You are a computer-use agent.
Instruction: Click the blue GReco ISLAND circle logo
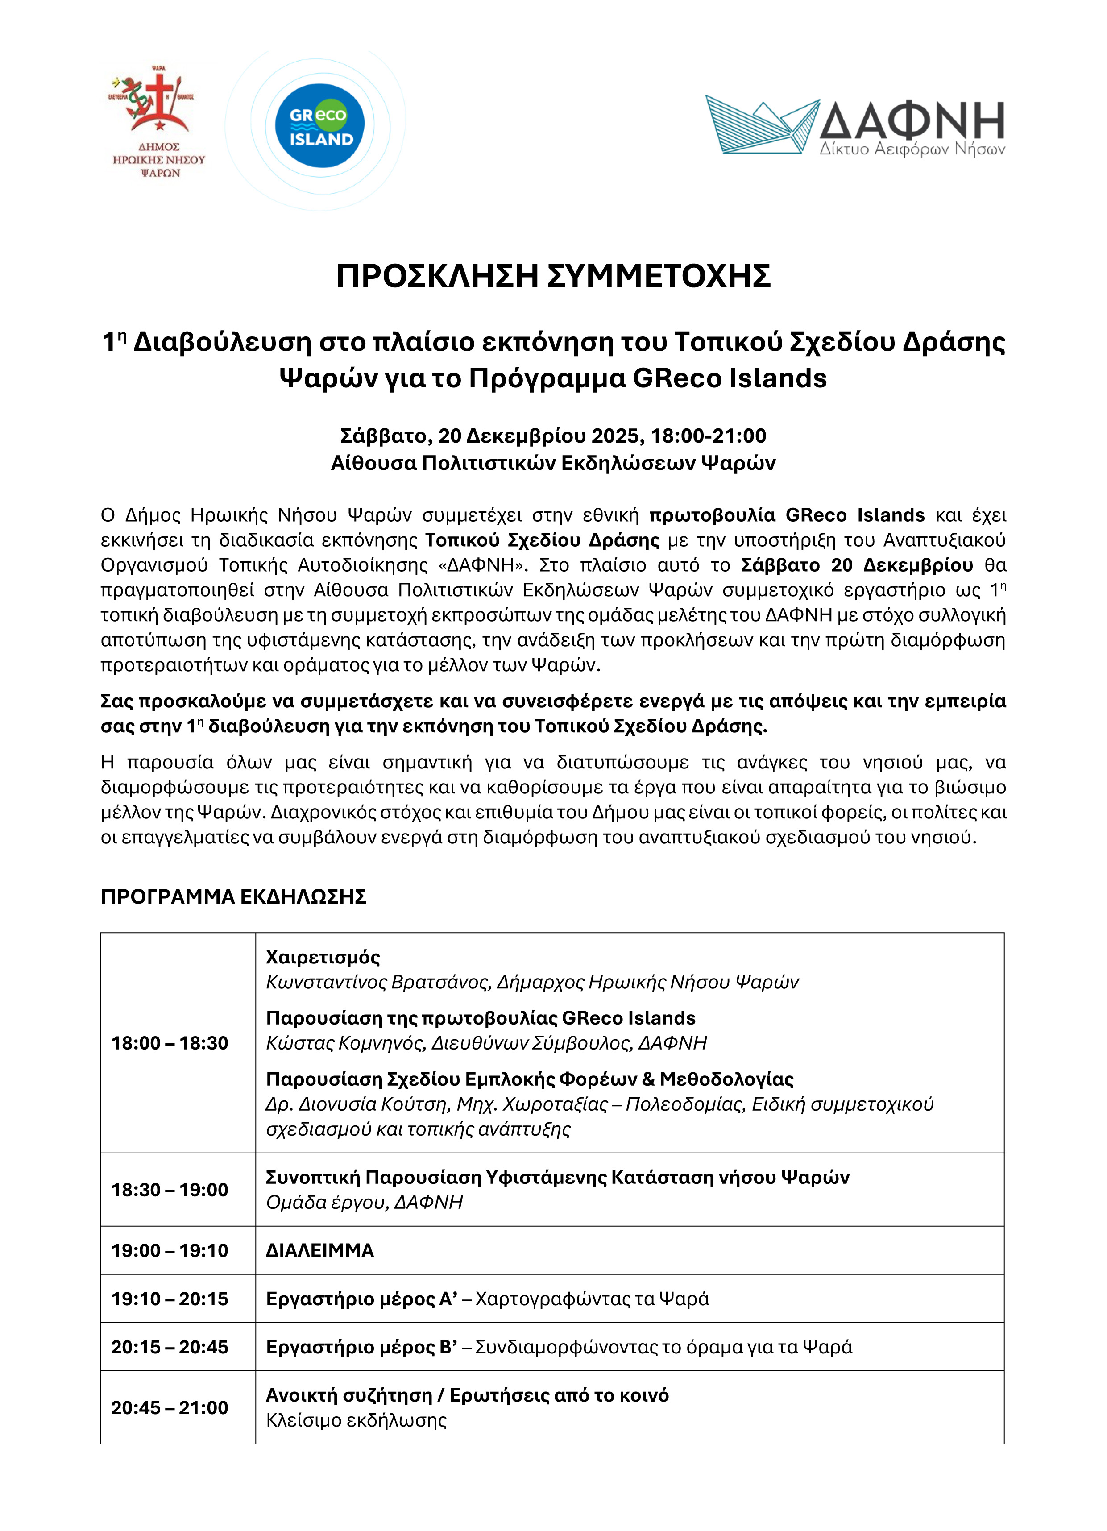(x=319, y=125)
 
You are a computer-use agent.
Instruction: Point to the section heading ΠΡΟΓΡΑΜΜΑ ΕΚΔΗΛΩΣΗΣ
(x=233, y=896)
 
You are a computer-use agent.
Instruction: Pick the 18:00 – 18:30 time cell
(x=170, y=1043)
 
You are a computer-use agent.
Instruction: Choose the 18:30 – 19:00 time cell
(x=170, y=1190)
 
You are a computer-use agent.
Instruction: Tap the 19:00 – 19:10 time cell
(x=170, y=1250)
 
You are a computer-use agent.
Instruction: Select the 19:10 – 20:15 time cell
(x=170, y=1299)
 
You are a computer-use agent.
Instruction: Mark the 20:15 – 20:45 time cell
(x=170, y=1347)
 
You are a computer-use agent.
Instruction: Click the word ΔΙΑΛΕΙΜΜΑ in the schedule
(x=320, y=1250)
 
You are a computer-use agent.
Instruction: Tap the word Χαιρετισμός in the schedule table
(x=323, y=957)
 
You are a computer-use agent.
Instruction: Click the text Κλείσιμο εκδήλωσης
(x=357, y=1420)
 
